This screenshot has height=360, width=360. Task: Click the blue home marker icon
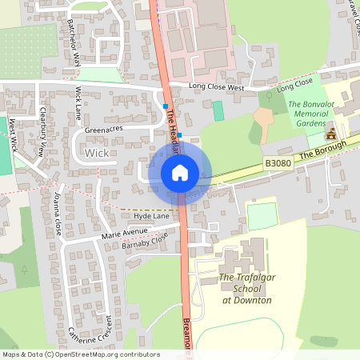(x=180, y=173)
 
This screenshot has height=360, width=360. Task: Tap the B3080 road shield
(x=277, y=163)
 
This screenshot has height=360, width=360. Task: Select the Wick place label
(x=96, y=152)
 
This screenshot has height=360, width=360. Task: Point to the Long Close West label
(x=216, y=86)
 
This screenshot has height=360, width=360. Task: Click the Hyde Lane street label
(x=152, y=216)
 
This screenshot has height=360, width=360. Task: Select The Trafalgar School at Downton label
(x=246, y=289)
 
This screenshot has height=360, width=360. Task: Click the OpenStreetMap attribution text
(x=80, y=354)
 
